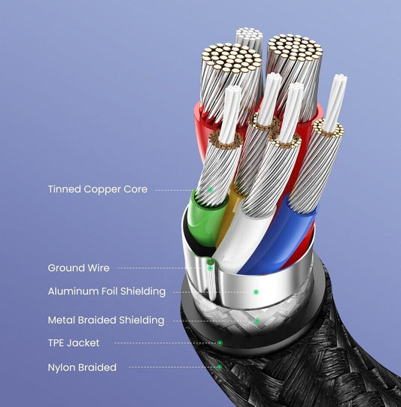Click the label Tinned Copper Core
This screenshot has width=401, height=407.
point(98,189)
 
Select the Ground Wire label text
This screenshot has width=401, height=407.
point(78,268)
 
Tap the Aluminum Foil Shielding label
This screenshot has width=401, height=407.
point(107,291)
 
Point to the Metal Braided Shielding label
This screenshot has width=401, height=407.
point(106,320)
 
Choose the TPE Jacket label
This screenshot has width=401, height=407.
point(74,343)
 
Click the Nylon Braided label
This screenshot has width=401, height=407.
point(82,367)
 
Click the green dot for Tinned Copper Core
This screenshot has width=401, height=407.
point(211,190)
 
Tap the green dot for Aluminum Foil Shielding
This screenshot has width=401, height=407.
point(256,292)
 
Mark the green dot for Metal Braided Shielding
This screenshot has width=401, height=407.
point(257,321)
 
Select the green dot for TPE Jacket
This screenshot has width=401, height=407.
point(220,343)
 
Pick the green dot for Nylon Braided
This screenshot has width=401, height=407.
point(219,367)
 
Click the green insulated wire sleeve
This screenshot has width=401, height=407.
point(205,221)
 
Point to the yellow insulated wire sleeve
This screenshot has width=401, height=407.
point(226,218)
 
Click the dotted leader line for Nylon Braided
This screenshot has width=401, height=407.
point(173,367)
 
